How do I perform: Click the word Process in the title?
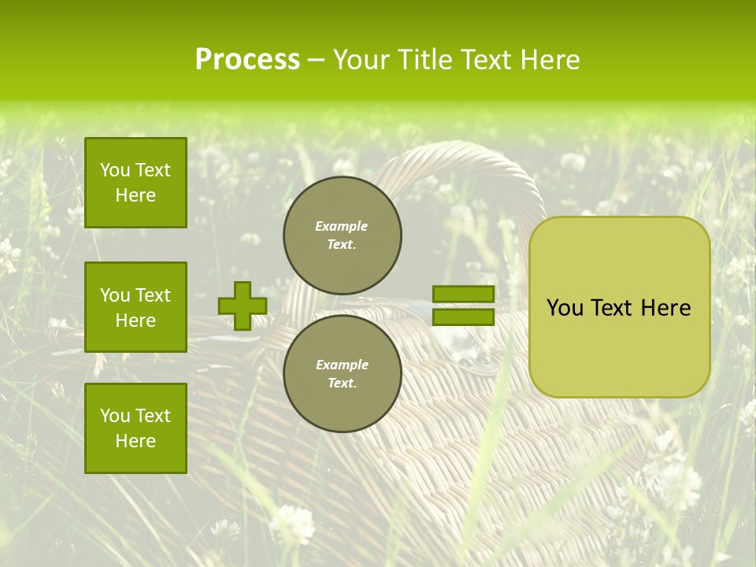(247, 60)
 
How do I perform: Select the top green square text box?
(135, 183)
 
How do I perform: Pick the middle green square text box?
(135, 307)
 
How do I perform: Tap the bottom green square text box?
(135, 428)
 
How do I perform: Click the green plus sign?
(242, 306)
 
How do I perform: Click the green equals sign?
(463, 306)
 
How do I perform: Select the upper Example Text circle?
(343, 235)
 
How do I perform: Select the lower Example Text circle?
(343, 373)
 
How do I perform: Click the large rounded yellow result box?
(619, 307)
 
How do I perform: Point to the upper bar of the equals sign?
(463, 295)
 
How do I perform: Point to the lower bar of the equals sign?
(463, 317)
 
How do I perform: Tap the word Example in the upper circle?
(342, 227)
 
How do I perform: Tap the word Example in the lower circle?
(342, 365)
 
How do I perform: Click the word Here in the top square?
(135, 195)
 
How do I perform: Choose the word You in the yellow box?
(565, 308)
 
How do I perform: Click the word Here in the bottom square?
(135, 441)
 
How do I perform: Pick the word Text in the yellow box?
(613, 308)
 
